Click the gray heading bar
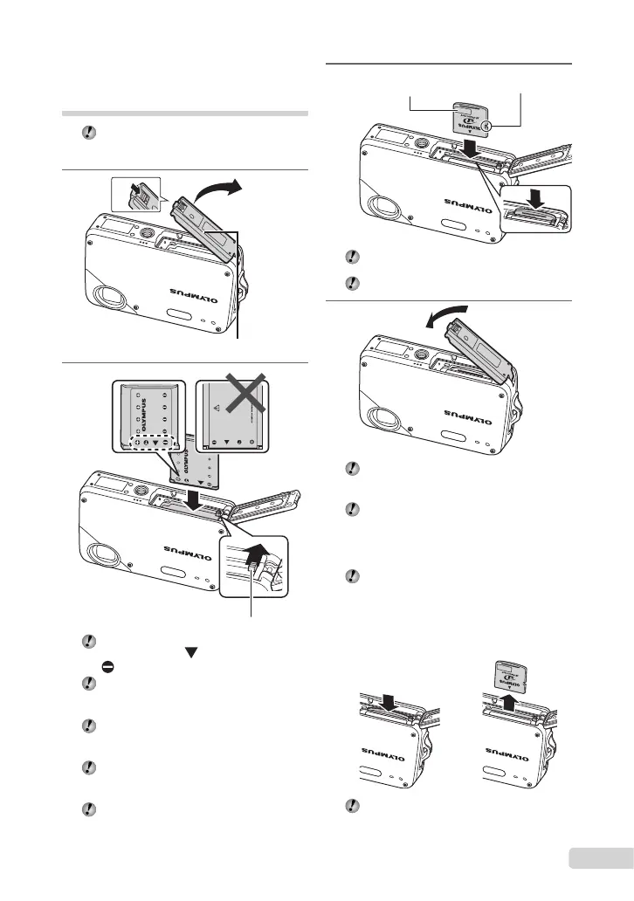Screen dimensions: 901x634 click(x=186, y=113)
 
